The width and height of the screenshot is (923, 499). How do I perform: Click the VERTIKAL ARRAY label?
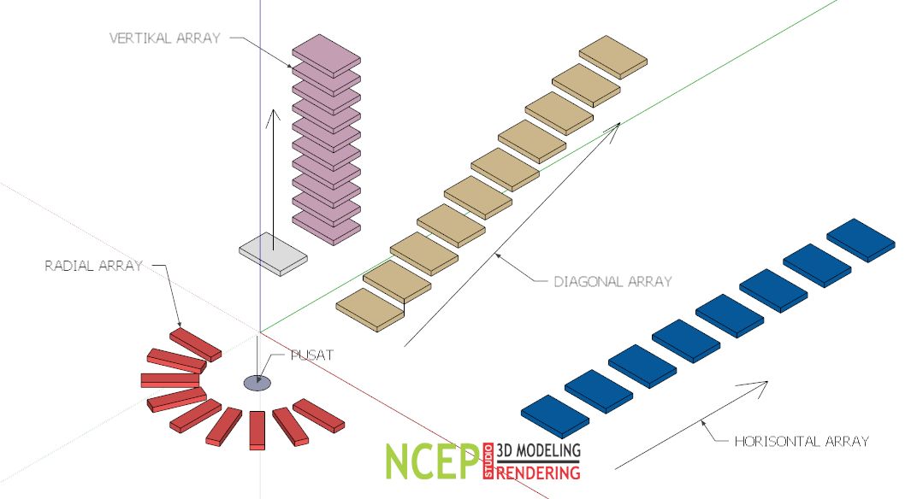[164, 38]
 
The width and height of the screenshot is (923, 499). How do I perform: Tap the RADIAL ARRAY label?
[93, 266]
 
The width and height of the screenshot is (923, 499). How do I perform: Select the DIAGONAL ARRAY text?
[612, 280]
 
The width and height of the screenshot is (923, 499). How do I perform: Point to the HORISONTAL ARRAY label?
[802, 442]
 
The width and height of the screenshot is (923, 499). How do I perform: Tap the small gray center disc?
[257, 383]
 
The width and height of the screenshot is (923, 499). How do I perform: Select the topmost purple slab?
[326, 54]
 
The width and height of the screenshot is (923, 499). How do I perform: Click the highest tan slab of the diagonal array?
[613, 57]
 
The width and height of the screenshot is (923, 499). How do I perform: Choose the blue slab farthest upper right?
[861, 238]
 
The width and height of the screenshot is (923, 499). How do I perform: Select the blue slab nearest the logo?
[554, 416]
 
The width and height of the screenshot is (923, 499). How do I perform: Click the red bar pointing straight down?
[256, 430]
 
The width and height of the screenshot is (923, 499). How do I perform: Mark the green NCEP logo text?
[431, 461]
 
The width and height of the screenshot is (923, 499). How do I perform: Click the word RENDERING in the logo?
[538, 471]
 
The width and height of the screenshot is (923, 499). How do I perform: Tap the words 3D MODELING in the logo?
[538, 450]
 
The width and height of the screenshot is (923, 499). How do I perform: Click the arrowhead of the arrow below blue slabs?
[760, 385]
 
